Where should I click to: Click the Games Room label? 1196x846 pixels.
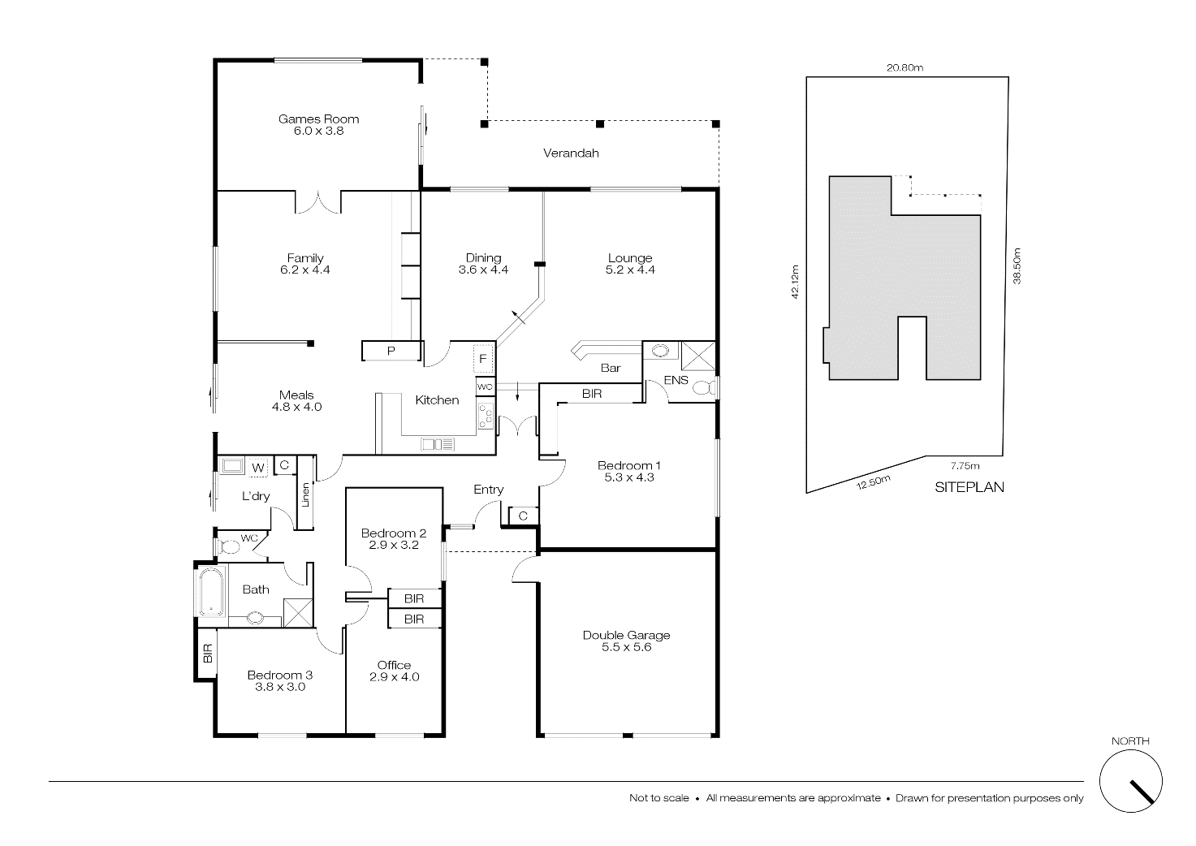318,119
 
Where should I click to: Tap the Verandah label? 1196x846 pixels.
571,153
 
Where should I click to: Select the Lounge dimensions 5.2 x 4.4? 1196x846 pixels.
630,270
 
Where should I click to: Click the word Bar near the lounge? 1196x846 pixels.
611,368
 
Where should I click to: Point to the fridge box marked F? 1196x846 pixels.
482,358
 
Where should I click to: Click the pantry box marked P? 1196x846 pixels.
391,351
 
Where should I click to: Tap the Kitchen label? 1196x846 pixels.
437,399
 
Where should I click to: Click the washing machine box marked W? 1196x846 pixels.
257,468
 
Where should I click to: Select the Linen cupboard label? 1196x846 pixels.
306,494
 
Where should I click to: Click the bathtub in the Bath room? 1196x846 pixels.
209,593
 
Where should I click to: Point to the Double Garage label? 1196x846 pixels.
626,635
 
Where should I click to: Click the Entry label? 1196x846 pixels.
488,490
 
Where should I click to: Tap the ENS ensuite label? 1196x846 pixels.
676,380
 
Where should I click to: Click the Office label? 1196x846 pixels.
394,665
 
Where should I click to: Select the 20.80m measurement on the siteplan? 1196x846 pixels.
905,68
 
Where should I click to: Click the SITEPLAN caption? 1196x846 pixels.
969,487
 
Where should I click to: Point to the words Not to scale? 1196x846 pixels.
658,798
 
